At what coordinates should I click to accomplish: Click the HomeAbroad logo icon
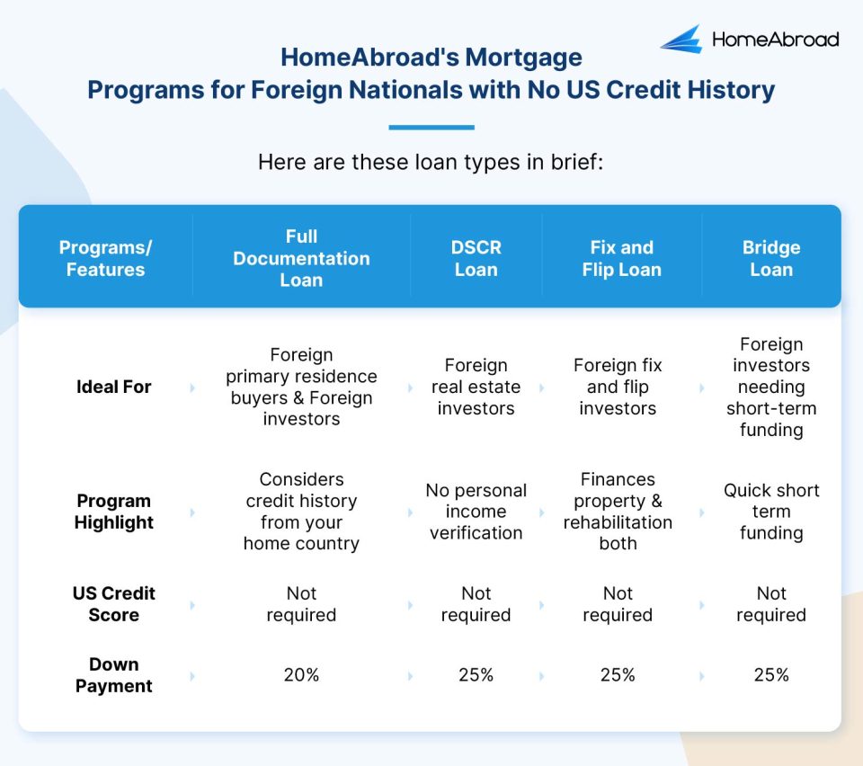coord(681,39)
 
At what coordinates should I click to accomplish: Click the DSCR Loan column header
coord(476,258)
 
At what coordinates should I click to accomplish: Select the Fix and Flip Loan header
coord(621,258)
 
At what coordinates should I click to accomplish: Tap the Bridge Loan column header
coord(771,258)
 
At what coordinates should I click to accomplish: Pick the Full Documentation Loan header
coord(301,258)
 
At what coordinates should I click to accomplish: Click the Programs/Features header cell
coord(105,258)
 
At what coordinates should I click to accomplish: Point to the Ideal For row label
coord(113,387)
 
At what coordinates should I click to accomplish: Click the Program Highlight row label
coord(113,512)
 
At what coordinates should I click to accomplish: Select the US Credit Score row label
coord(113,604)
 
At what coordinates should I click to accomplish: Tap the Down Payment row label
coord(113,675)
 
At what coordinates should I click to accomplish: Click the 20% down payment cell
coord(301,675)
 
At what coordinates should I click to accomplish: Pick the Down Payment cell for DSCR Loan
coord(476,675)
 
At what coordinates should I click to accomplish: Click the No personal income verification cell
coord(476,512)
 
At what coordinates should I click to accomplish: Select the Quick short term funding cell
coord(771,512)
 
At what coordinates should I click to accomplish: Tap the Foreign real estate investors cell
coord(476,387)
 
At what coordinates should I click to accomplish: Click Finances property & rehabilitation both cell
coord(618,512)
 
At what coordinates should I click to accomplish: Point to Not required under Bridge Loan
coord(771,604)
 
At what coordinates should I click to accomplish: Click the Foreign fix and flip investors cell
coord(618,387)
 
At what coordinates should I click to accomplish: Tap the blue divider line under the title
coord(431,128)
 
